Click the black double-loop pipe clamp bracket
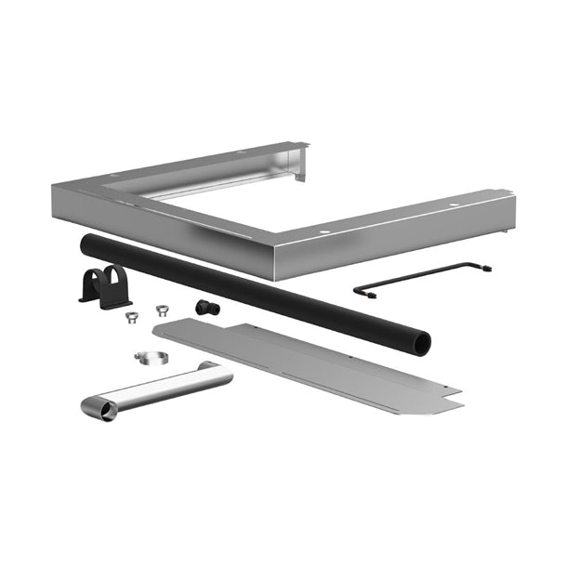click(102, 284)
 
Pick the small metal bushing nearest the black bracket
click(131, 316)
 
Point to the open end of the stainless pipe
click(99, 409)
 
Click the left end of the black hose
click(86, 243)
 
